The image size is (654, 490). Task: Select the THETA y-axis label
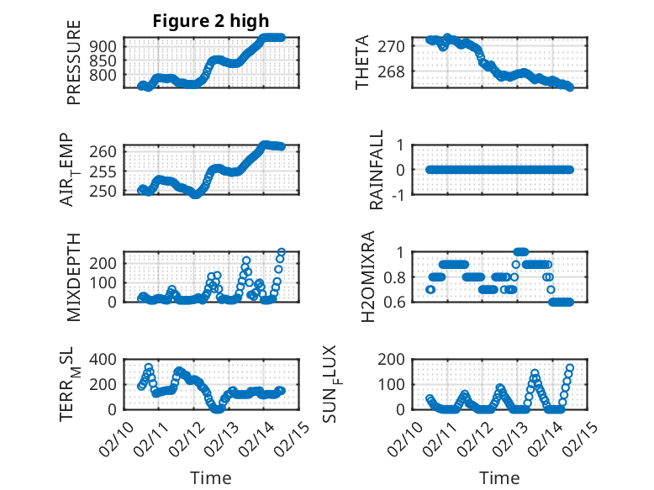[x=363, y=62]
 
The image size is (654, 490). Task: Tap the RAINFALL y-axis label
[x=377, y=169]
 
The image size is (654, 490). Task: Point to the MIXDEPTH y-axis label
[x=74, y=276]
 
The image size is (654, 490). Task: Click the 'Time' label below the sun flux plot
[x=499, y=478]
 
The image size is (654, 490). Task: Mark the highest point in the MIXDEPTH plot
[x=282, y=252]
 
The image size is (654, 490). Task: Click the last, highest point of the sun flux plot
[x=570, y=367]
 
